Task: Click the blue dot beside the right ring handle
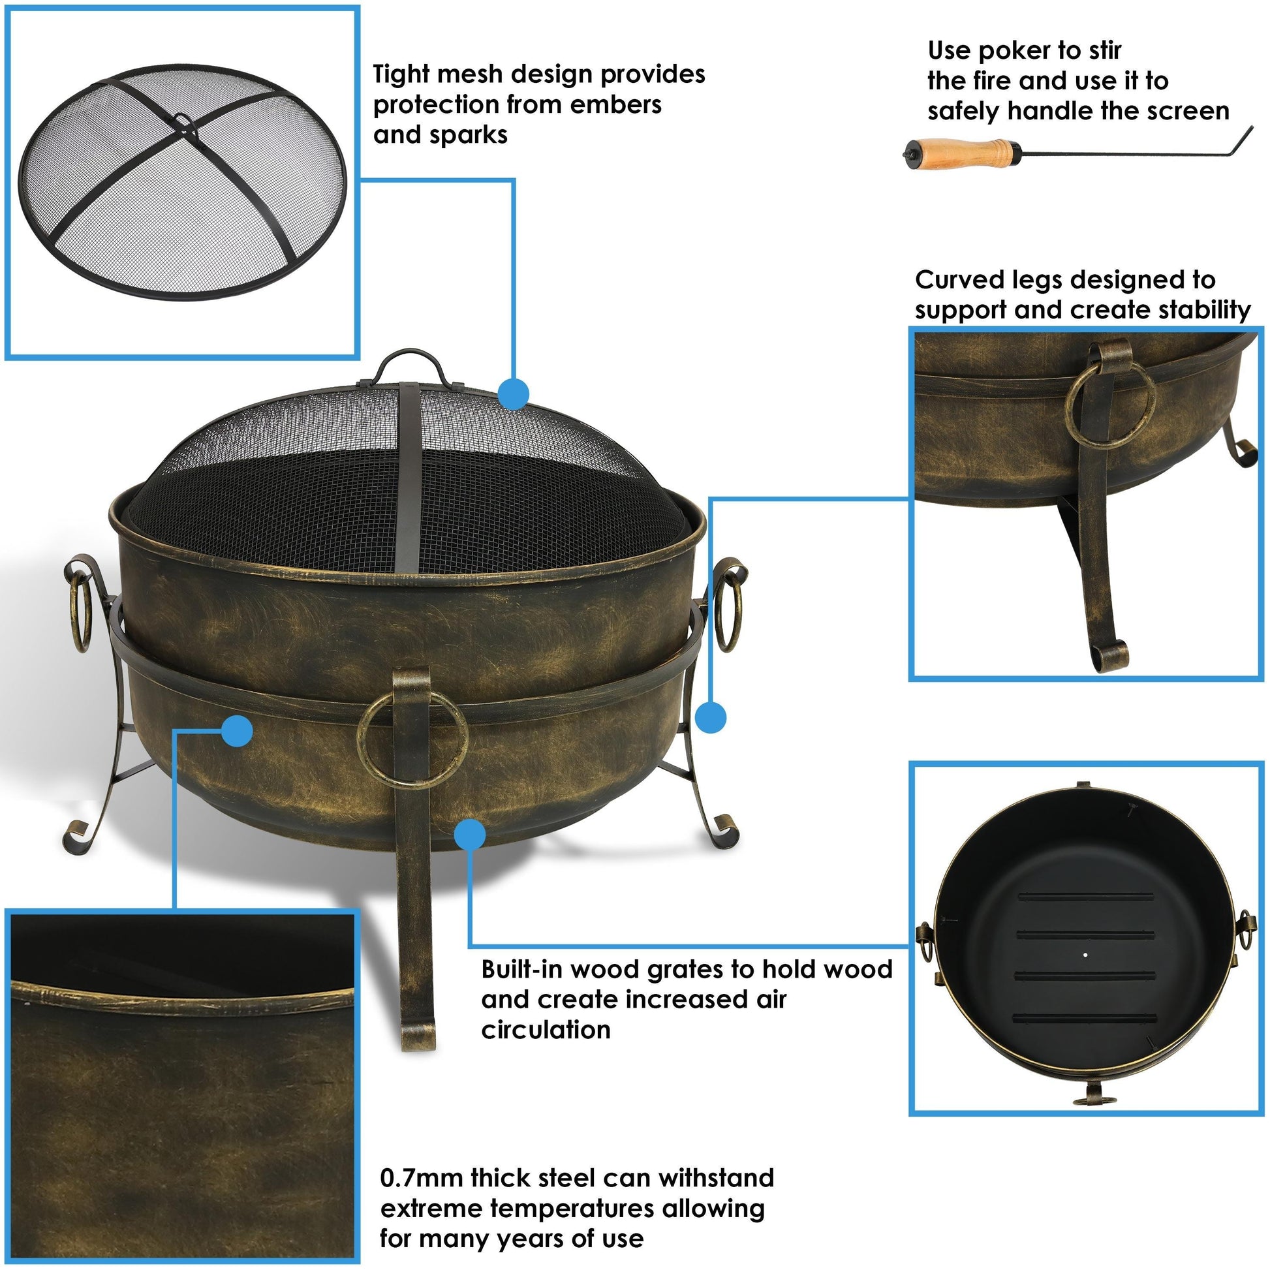pyautogui.click(x=711, y=717)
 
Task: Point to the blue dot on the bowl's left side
pyautogui.click(x=238, y=731)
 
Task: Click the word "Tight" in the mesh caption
pyautogui.click(x=401, y=74)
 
